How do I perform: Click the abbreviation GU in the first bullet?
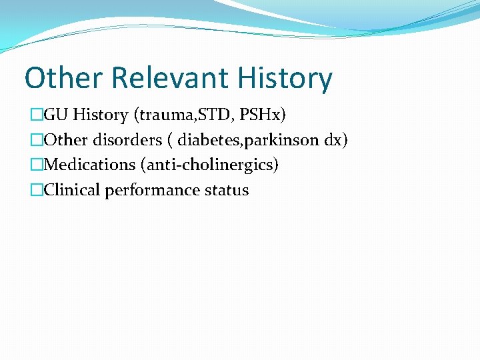pos(57,115)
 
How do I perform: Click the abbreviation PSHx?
pos(261,115)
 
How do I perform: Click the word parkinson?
pos(280,140)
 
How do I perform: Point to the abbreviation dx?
pos(335,140)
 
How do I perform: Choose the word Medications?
pos(89,165)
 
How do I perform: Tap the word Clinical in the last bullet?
pos(71,190)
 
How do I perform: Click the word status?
pos(227,190)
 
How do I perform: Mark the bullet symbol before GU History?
pos(36,115)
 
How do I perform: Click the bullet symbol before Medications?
pos(36,165)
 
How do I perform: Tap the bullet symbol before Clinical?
pos(36,190)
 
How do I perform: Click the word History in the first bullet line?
pos(101,115)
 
